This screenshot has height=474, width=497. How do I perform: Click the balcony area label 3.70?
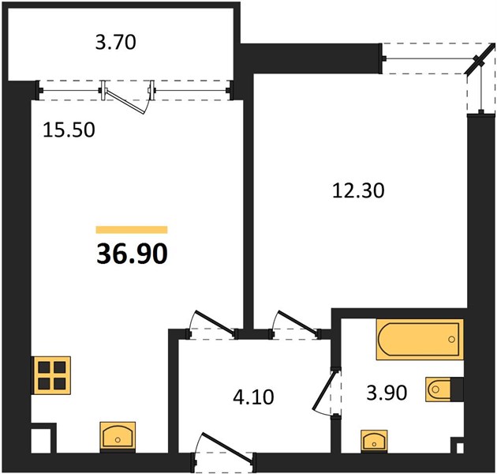116,43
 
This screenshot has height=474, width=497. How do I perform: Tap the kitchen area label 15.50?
69,130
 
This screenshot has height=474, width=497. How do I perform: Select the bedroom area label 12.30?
358,191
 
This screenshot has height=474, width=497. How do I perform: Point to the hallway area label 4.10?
253,397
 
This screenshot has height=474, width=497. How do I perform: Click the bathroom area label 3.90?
387,393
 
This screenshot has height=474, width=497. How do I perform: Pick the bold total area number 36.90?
132,254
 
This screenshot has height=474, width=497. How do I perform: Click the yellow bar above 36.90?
132,230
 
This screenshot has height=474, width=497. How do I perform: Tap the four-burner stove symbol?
52,375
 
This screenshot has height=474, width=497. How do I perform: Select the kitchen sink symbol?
118,437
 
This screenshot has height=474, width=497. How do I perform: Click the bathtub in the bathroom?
420,340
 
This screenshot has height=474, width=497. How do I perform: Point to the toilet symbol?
444,389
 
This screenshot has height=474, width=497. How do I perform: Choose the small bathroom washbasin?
374,439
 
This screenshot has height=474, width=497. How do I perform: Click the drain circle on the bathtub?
451,340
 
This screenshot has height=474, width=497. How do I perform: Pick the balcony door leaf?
125,101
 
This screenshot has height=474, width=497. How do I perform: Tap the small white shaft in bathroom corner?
460,448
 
